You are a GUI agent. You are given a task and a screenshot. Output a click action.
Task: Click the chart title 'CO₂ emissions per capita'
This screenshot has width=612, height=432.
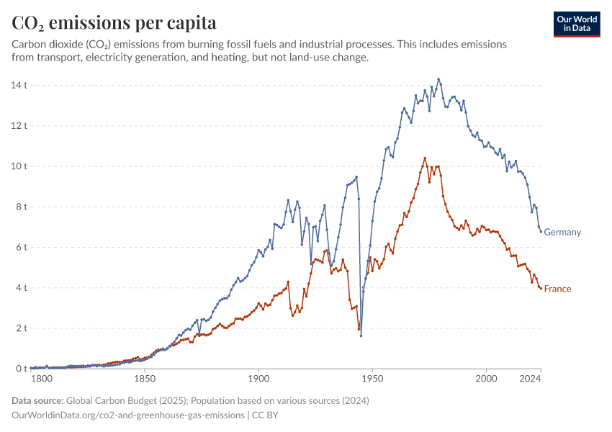point(114,22)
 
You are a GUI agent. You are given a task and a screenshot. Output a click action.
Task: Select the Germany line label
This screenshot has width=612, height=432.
point(562,233)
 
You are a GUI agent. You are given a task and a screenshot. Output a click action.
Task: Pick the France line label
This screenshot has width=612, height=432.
point(557,289)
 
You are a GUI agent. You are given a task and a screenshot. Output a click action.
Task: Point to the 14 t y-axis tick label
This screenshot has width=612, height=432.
point(19,85)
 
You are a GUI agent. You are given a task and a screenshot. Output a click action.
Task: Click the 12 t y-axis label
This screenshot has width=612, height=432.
point(19,125)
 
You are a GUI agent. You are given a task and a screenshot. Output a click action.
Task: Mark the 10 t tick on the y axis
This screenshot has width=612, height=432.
point(19,166)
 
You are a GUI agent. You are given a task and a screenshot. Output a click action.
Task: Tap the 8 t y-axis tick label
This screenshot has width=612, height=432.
point(21,207)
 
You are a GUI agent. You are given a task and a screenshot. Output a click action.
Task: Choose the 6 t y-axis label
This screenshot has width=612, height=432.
point(21,247)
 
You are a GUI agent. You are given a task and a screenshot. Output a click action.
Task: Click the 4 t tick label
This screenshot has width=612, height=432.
point(21,288)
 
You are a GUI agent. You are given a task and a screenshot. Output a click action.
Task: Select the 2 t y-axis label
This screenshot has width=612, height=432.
point(21,328)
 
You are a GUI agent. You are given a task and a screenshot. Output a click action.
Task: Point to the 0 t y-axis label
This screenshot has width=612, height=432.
point(21,369)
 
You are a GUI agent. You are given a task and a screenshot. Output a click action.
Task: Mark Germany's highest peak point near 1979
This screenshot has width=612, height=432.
point(438,79)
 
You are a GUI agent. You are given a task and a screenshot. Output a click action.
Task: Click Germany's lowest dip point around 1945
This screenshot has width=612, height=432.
point(361,336)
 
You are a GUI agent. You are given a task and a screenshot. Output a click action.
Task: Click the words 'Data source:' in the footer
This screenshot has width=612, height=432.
point(37,401)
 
